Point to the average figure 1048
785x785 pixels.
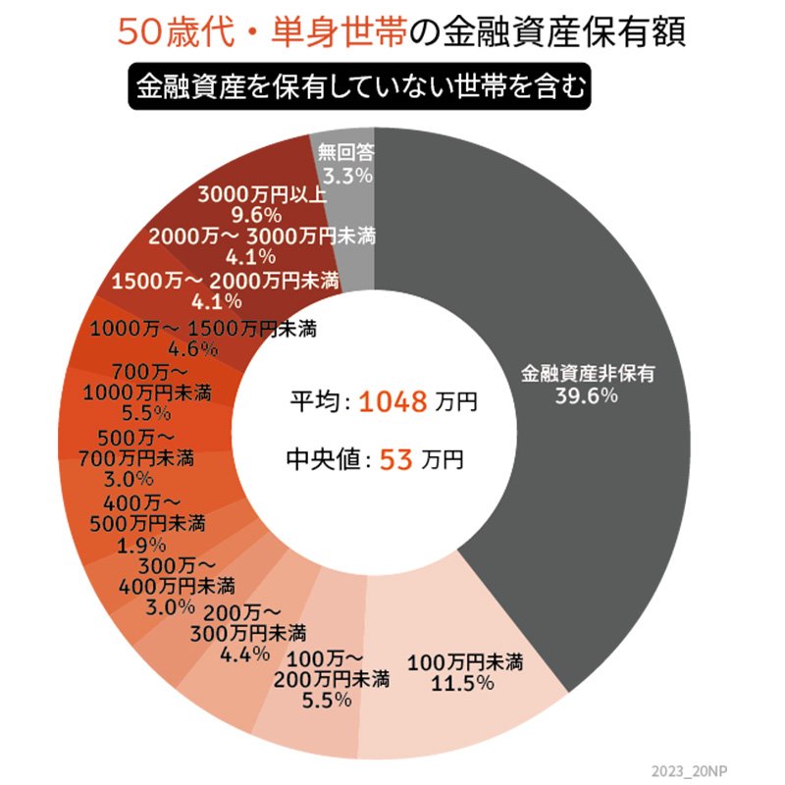[x=392, y=401]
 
